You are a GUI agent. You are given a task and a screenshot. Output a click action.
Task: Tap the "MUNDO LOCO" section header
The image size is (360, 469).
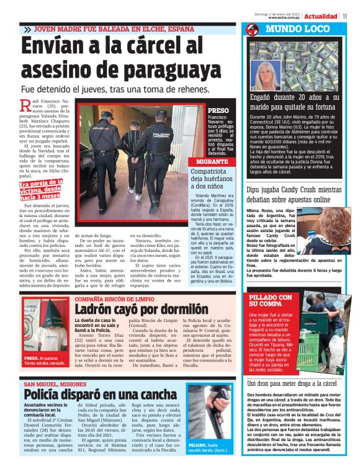point(290,29)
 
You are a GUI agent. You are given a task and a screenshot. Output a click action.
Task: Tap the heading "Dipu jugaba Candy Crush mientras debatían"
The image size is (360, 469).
point(297,195)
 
